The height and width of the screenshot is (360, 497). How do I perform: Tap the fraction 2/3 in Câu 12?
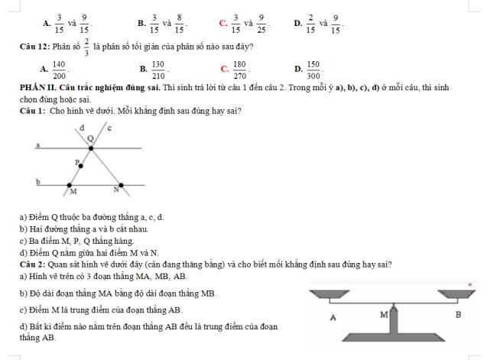87,47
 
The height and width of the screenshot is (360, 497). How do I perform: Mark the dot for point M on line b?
71,185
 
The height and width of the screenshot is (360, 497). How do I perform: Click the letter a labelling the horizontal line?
37,143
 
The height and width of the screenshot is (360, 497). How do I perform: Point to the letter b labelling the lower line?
37,182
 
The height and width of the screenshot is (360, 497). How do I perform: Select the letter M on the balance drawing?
384,313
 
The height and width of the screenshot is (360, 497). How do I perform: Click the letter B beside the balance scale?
458,314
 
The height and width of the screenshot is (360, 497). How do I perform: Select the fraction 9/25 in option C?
261,24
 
